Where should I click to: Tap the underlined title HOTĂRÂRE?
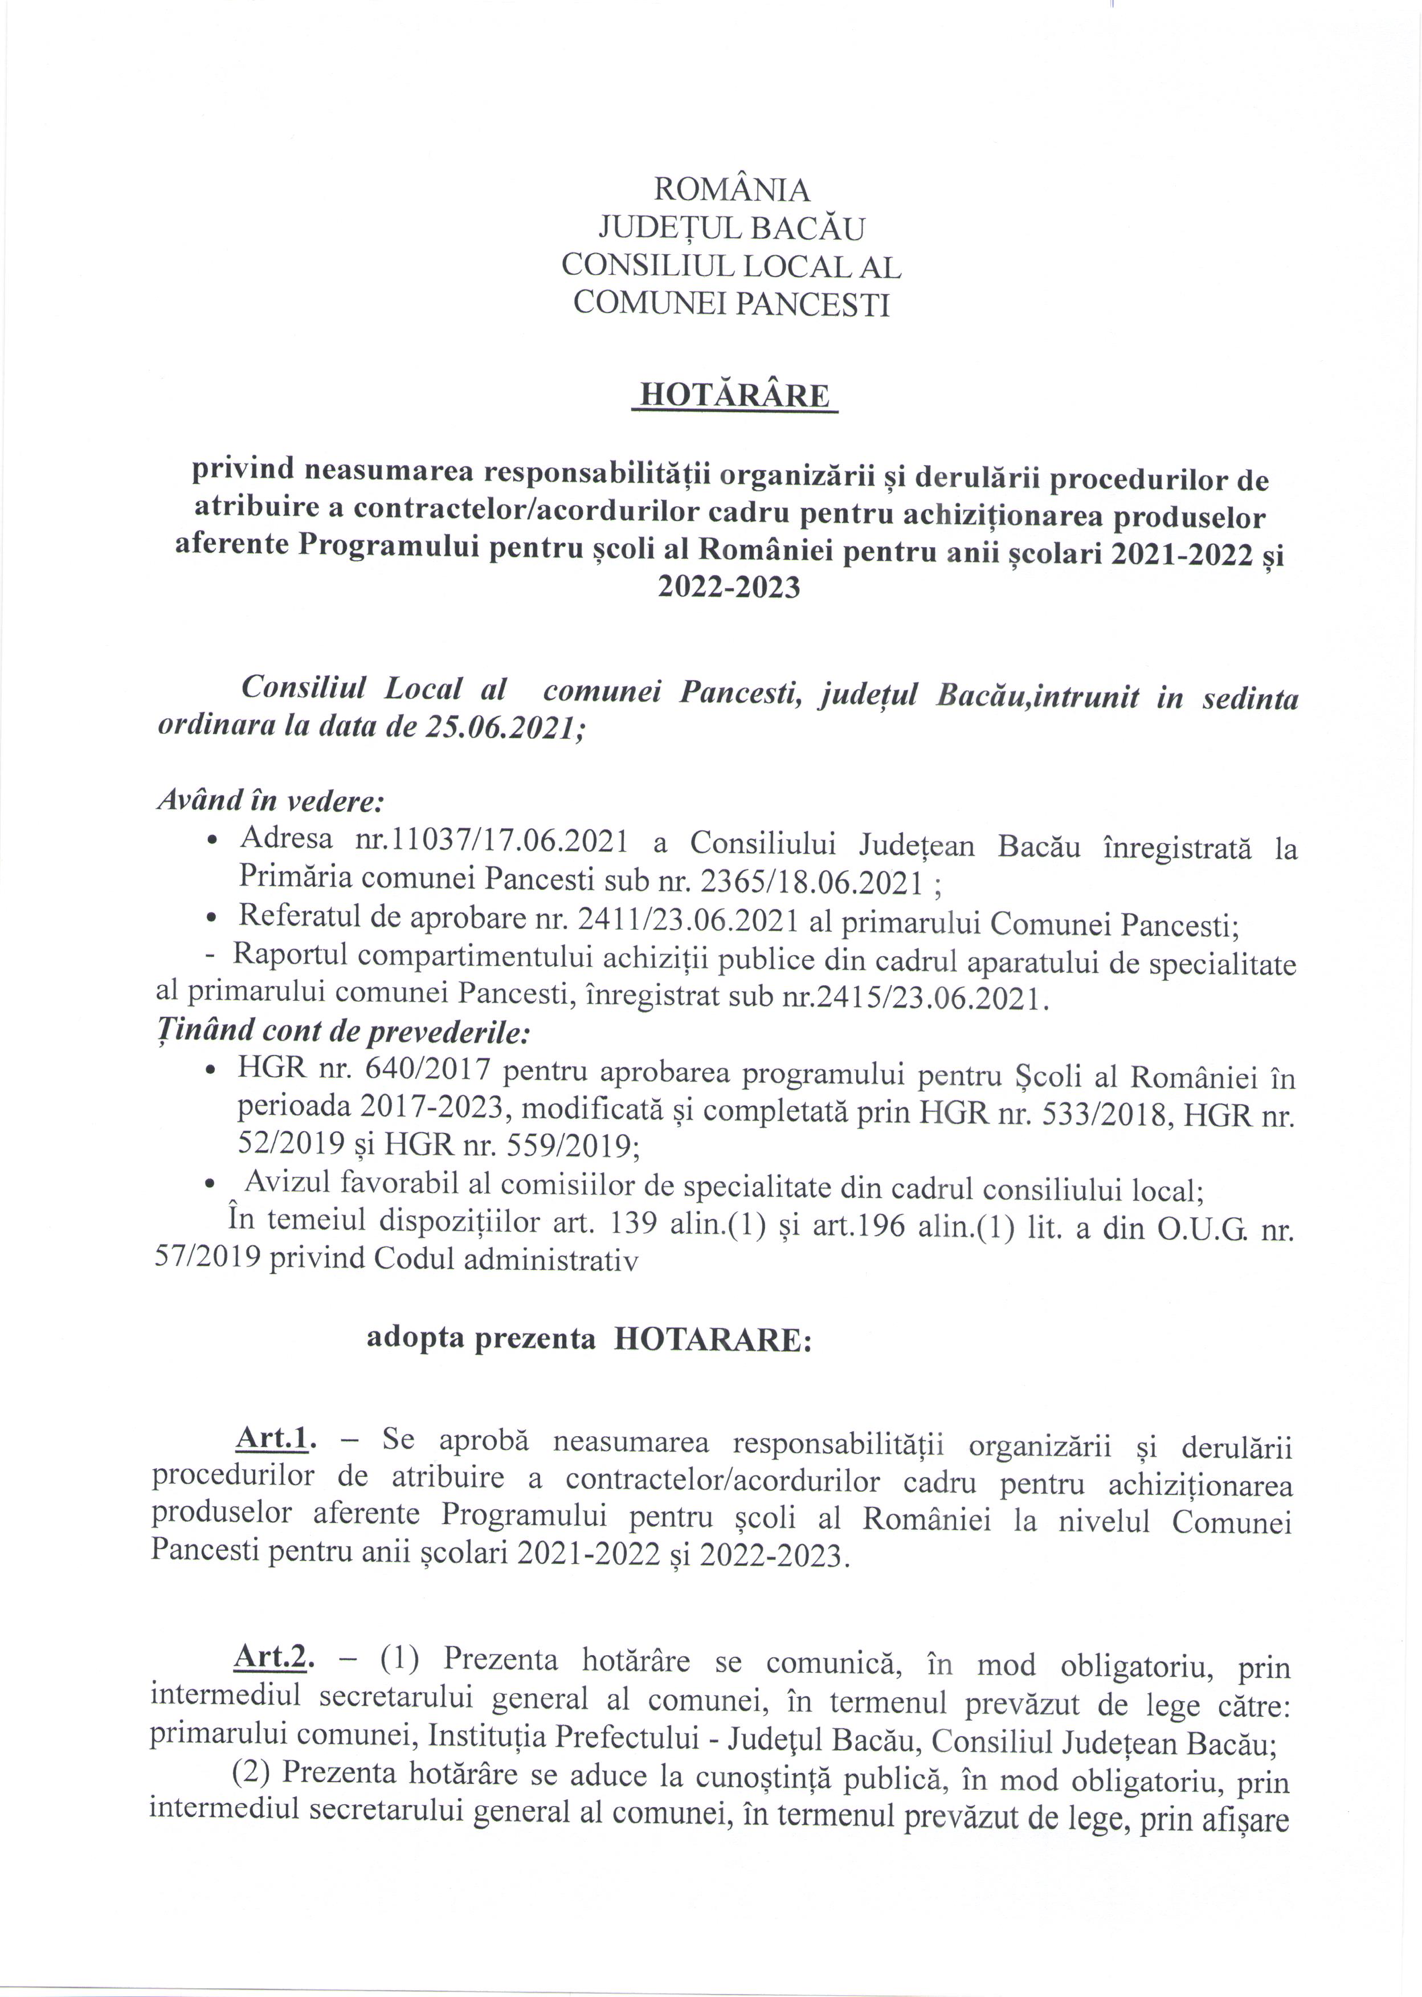point(734,396)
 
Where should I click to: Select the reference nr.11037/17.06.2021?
point(491,840)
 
